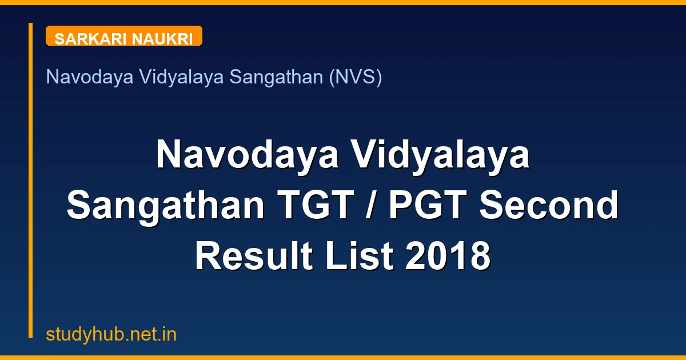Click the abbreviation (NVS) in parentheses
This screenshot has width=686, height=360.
pos(355,77)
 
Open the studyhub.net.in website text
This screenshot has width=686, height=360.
pos(111,335)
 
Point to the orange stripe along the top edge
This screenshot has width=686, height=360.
pos(343,2)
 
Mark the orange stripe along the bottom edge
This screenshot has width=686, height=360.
pos(343,358)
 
